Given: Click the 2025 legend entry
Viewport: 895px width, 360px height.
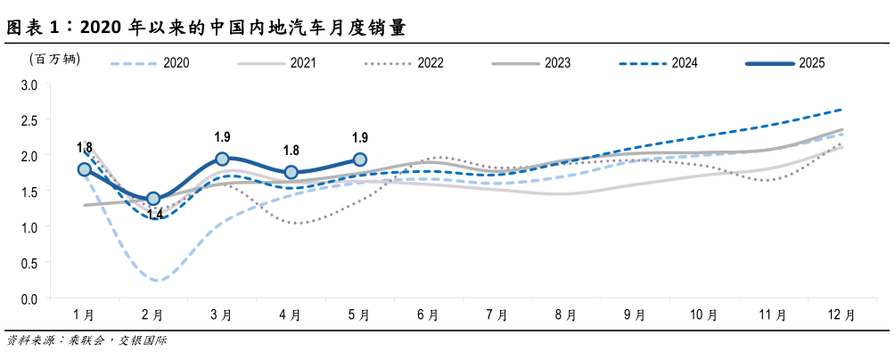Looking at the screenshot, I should coord(785,62).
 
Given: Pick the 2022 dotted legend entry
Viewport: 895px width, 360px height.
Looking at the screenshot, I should coord(405,62).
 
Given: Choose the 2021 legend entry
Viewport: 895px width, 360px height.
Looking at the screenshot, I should coord(277,62).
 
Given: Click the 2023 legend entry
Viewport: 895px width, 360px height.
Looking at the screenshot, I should coord(531,62).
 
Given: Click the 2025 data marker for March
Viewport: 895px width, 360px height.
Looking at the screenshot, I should coord(222,159).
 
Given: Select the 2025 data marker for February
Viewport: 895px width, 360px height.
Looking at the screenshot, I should coord(153,199).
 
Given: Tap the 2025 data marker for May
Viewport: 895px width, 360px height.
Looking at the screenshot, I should coord(360,159).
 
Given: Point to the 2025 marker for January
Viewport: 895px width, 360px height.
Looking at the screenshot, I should coord(85,169).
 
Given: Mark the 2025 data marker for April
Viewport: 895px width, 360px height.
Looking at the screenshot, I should coord(291,172).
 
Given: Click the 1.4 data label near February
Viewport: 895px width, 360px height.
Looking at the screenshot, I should coord(155,215).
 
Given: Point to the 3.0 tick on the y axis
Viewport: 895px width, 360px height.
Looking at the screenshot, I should coord(29,85).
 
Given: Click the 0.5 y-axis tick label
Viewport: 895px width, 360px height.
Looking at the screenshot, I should coord(29,262).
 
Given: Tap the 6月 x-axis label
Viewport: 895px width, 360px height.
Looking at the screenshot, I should coord(428,315).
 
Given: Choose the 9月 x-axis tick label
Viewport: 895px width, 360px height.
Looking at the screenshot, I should coord(635,315).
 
